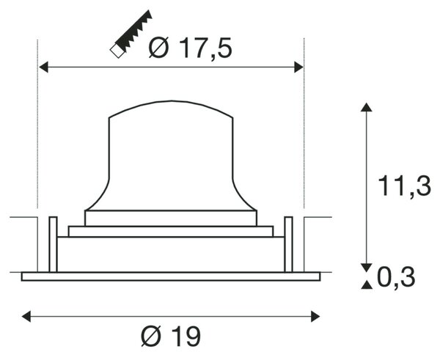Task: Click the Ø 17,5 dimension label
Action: [191, 48]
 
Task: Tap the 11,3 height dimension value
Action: [404, 186]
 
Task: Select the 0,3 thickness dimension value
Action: [396, 277]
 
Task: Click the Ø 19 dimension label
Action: [171, 336]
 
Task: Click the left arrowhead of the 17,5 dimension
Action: [43, 67]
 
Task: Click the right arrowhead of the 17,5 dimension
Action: [298, 67]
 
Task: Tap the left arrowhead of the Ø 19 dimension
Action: [26, 317]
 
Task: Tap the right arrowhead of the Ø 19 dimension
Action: [315, 317]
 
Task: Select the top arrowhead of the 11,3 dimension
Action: [366, 107]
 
